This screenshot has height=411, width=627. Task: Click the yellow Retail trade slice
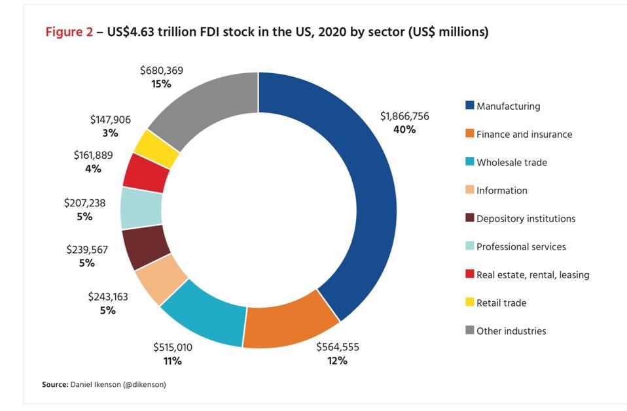(x=157, y=149)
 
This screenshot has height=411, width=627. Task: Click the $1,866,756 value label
(x=404, y=116)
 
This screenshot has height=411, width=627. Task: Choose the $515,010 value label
(x=173, y=348)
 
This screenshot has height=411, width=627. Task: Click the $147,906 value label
(x=110, y=120)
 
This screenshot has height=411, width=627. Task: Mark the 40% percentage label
(x=404, y=129)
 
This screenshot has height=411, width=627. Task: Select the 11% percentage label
(x=173, y=361)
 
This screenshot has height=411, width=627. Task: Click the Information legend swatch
(x=469, y=190)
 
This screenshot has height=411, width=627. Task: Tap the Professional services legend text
(x=521, y=247)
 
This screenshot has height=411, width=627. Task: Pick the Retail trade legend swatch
(x=469, y=303)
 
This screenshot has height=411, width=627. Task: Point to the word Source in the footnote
(x=54, y=385)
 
